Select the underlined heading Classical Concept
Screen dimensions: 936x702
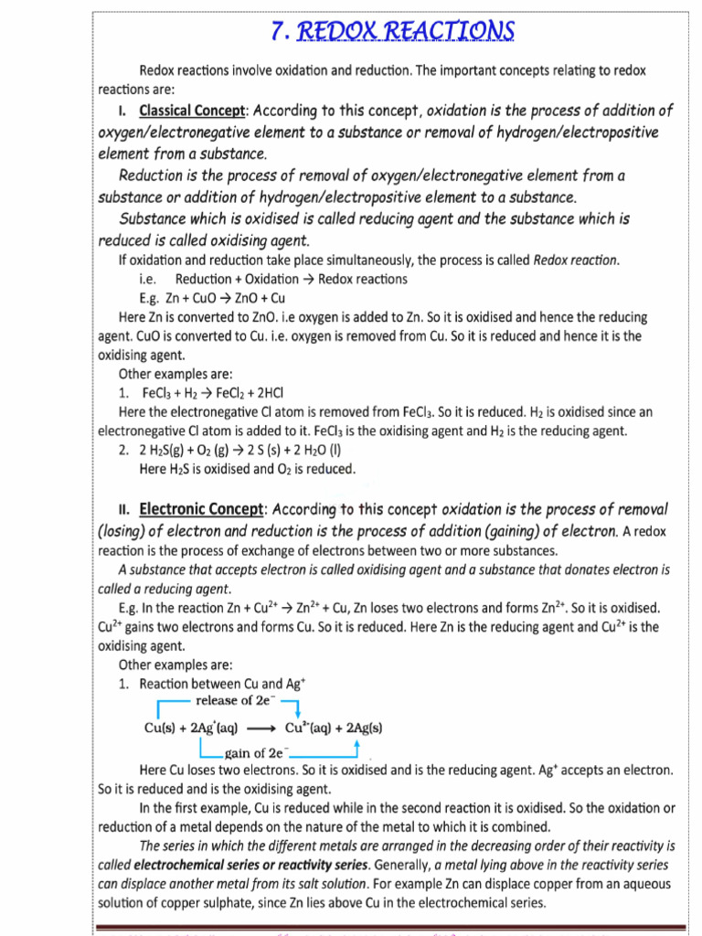(x=192, y=111)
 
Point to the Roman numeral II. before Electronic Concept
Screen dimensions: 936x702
(x=126, y=509)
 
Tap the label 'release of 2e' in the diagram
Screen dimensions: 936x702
(x=236, y=700)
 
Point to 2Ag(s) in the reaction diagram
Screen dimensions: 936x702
(x=360, y=729)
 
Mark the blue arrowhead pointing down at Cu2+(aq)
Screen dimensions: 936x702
(x=298, y=713)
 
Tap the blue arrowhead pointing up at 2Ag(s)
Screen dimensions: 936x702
(x=356, y=746)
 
